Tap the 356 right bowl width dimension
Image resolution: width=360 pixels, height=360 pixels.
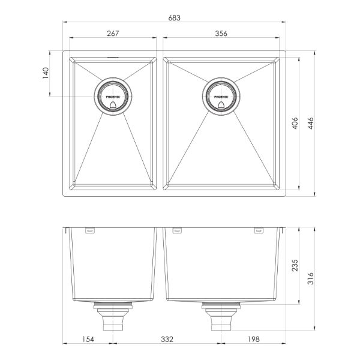(x=221, y=34)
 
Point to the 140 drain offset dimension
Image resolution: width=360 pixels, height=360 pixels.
(x=45, y=75)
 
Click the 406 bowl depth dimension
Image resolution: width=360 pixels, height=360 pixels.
(x=295, y=124)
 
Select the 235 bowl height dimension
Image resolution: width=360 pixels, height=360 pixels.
(x=295, y=266)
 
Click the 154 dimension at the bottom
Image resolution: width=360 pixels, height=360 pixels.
(x=88, y=340)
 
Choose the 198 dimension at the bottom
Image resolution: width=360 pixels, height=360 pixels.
(x=253, y=340)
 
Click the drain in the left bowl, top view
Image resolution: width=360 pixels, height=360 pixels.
(x=112, y=96)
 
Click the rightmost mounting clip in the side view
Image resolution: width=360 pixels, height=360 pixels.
(x=259, y=230)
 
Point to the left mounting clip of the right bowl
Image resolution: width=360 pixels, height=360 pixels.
(x=176, y=230)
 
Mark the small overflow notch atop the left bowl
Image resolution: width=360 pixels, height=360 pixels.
(x=112, y=58)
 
